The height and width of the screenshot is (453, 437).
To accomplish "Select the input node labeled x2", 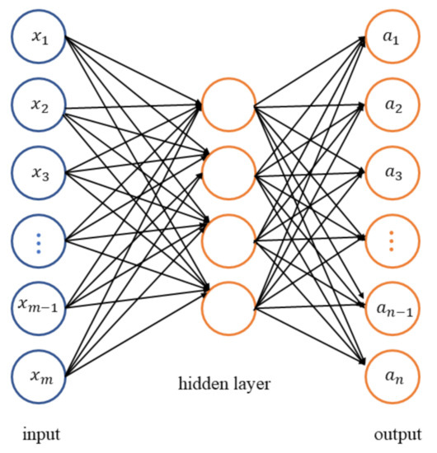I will [x=38, y=107].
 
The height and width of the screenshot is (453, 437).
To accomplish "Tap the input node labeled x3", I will [x=38, y=174].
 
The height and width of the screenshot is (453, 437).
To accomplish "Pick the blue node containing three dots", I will [x=38, y=241].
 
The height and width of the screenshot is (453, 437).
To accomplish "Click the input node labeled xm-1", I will [x=38, y=309].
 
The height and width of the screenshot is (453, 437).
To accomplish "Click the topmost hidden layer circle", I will [x=228, y=105].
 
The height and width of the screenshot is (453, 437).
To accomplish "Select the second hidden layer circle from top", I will [x=228, y=174].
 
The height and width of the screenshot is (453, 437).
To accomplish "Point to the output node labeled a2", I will [x=392, y=107].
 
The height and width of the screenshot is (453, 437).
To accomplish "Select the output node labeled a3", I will [x=392, y=174].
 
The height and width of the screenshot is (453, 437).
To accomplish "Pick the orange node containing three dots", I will [x=392, y=241].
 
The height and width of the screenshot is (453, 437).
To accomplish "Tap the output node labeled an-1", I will [x=392, y=309].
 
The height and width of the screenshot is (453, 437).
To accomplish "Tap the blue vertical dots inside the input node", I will [x=38, y=241].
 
